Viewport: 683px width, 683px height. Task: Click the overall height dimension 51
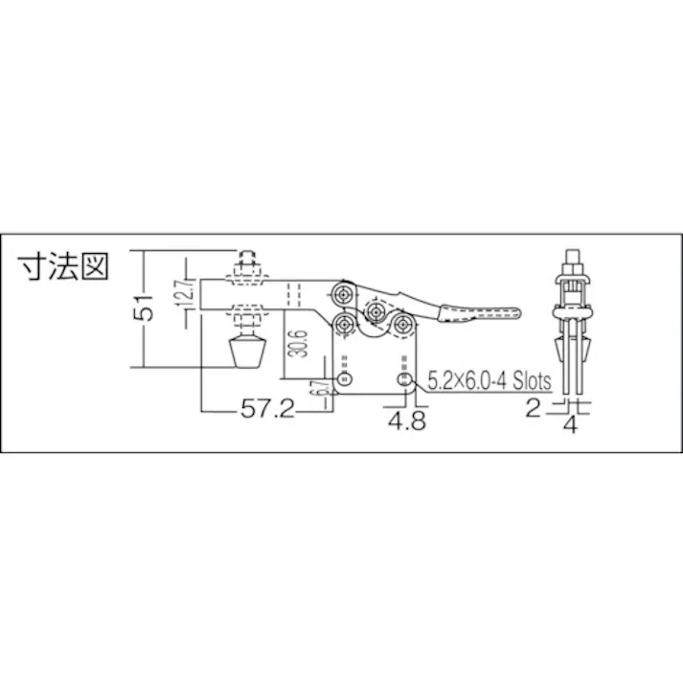click(x=144, y=308)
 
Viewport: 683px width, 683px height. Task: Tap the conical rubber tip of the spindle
click(x=246, y=358)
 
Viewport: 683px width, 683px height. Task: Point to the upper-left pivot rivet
click(x=342, y=291)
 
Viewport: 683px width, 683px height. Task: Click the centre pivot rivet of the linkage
click(x=375, y=312)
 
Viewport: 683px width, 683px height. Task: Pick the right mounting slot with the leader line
click(x=406, y=381)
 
